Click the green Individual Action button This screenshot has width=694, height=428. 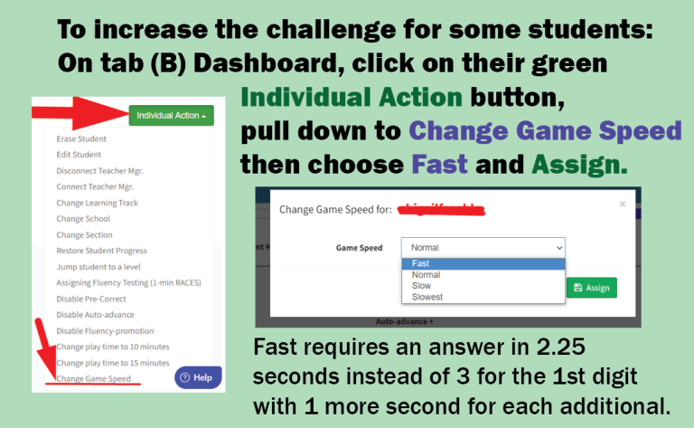pyautogui.click(x=171, y=116)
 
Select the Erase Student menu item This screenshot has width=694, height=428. pyautogui.click(x=81, y=139)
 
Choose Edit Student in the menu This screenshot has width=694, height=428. pyautogui.click(x=79, y=155)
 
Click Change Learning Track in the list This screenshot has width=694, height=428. pyautogui.click(x=97, y=203)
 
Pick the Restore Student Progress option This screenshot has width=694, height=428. pyautogui.click(x=101, y=251)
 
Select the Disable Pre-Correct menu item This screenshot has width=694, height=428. pyautogui.click(x=94, y=299)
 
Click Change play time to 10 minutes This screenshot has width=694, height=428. pyautogui.click(x=112, y=347)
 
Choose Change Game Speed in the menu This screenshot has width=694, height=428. pyautogui.click(x=93, y=378)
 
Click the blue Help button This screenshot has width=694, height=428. pyautogui.click(x=197, y=377)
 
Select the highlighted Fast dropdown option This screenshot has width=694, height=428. pyautogui.click(x=420, y=263)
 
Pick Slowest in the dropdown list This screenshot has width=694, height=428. pyautogui.click(x=427, y=297)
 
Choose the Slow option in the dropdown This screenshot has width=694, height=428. pyautogui.click(x=421, y=286)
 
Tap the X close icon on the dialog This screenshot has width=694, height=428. pyautogui.click(x=622, y=204)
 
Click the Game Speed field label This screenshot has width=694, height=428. pyautogui.click(x=359, y=247)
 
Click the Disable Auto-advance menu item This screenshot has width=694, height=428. pyautogui.click(x=95, y=314)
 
